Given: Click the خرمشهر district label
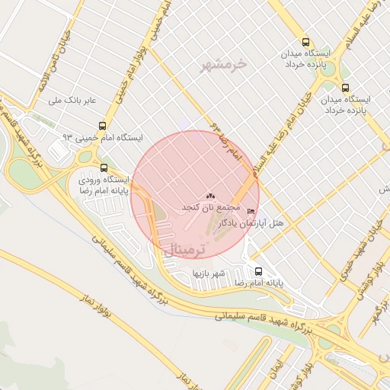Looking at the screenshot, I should [x=223, y=65].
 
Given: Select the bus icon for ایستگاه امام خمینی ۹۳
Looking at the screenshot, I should [x=103, y=126].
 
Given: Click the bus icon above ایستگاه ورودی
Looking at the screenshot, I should [x=104, y=168].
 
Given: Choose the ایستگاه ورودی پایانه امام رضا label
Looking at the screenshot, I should [x=104, y=185].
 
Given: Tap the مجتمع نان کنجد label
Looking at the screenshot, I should [x=210, y=207].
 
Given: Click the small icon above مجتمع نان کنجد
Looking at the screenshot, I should [x=210, y=196].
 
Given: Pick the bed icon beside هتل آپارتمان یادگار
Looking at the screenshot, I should [x=252, y=210].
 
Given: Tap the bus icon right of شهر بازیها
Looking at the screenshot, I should [x=258, y=270].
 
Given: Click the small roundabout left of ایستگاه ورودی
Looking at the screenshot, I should [x=84, y=157].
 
